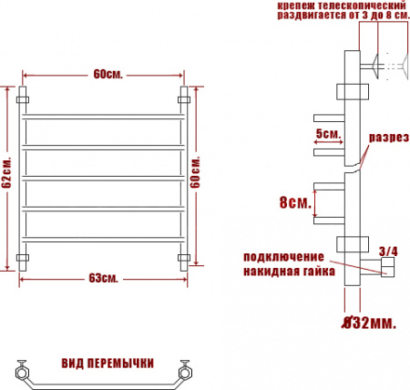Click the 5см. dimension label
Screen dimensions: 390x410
(328, 134)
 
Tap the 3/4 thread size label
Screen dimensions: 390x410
(387, 251)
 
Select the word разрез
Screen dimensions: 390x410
(386, 139)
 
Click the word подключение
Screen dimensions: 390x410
(285, 255)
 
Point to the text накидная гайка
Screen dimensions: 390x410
(289, 272)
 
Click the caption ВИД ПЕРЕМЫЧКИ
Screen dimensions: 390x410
(107, 363)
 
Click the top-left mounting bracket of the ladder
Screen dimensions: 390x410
(25, 96)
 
